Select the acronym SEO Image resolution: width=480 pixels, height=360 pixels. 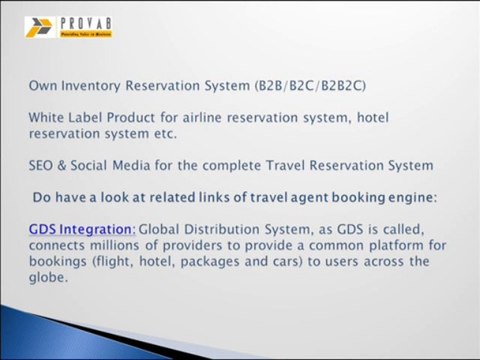pos(43,165)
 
